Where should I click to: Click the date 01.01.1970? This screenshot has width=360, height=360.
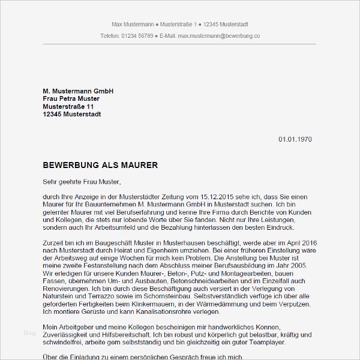[x=295, y=139]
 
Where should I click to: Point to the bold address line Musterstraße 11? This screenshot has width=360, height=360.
[x=68, y=106]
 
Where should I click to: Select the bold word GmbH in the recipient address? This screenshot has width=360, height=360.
[x=103, y=91]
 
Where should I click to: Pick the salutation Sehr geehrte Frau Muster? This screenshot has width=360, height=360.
[x=82, y=181]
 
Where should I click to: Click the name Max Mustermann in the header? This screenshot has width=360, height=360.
[x=131, y=25]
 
